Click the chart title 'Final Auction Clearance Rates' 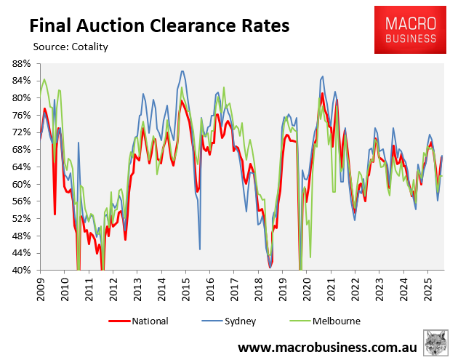pyautogui.click(x=158, y=25)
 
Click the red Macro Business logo pyautogui.click(x=405, y=30)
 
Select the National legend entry pyautogui.click(x=139, y=321)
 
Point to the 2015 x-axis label pyautogui.click(x=185, y=286)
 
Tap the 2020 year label pyautogui.click(x=305, y=286)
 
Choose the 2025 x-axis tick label pyautogui.click(x=425, y=286)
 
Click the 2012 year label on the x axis pyautogui.click(x=113, y=286)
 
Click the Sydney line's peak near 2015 pyautogui.click(x=182, y=71)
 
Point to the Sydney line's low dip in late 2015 pyautogui.click(x=200, y=249)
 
